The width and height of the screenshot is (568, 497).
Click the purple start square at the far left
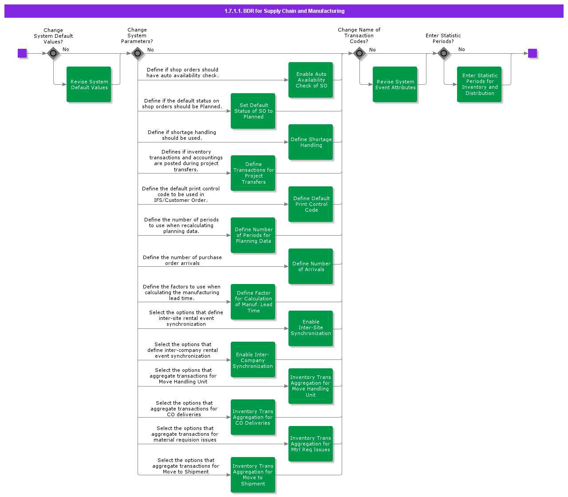click(22, 53)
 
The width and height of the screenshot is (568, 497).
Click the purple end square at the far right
click(532, 53)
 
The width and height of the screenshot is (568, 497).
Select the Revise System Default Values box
click(89, 84)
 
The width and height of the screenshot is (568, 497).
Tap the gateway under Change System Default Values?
click(53, 53)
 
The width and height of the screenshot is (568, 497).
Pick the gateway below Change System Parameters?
click(138, 54)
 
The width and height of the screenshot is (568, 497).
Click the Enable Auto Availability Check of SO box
click(311, 80)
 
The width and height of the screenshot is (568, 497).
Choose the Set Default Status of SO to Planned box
click(253, 111)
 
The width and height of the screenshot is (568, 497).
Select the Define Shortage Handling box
click(311, 142)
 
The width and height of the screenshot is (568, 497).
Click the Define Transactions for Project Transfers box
click(253, 173)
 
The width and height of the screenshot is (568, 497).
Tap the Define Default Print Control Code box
click(311, 204)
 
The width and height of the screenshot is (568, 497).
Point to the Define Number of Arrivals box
click(311, 266)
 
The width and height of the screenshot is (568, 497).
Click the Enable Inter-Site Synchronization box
click(311, 328)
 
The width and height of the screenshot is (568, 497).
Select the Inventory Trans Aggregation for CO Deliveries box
click(253, 417)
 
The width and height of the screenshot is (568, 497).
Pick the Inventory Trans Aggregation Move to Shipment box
click(253, 475)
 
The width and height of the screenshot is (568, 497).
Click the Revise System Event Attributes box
click(395, 84)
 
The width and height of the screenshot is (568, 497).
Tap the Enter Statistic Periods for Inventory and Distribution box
click(479, 84)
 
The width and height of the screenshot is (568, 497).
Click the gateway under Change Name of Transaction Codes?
click(359, 54)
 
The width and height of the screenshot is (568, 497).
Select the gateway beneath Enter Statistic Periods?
click(444, 54)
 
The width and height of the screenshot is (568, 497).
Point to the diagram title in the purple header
click(284, 11)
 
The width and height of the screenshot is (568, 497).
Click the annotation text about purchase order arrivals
click(182, 260)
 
